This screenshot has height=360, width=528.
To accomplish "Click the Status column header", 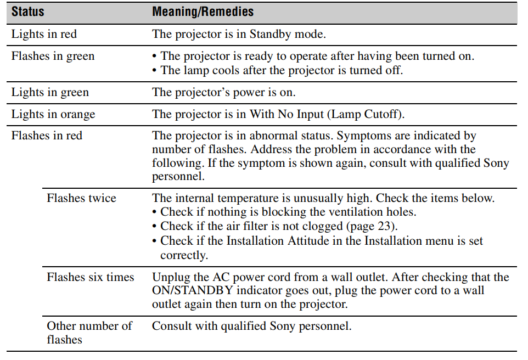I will [28, 12].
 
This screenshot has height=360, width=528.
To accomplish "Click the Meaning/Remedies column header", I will [203, 12].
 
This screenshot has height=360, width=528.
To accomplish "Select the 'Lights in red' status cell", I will [44, 34].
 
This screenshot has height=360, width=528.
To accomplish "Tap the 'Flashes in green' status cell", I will [53, 56].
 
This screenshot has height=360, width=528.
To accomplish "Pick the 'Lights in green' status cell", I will [50, 92].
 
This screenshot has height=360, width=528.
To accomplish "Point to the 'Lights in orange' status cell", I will [53, 114].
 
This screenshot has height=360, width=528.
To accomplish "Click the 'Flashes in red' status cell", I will [47, 136].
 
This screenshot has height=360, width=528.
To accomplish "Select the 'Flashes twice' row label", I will [81, 198].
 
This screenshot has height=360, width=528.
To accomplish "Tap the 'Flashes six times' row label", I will [91, 277].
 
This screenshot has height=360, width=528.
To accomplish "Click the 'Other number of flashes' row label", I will [89, 333].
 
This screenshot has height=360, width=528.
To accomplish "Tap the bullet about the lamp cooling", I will [280, 70].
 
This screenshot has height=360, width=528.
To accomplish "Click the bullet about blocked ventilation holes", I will [288, 212].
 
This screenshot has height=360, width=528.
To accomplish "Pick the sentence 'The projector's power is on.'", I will [223, 92].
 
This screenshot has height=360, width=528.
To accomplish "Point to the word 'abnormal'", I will [281, 136].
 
